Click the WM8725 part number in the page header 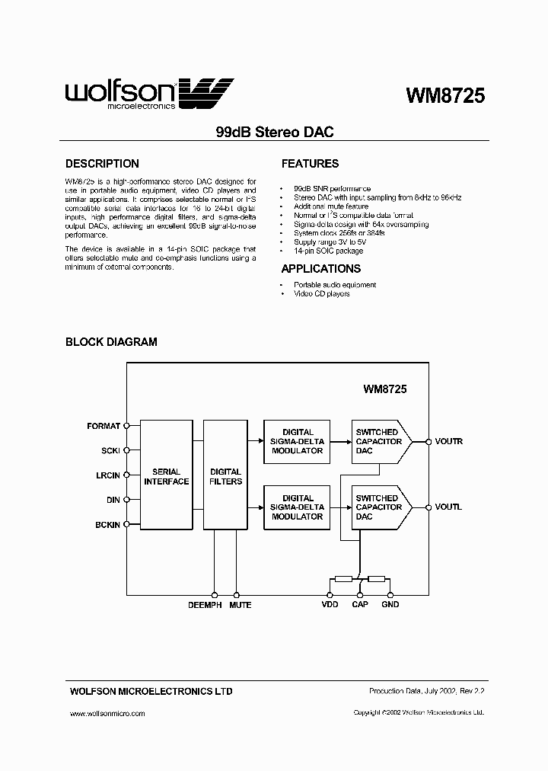click(445, 96)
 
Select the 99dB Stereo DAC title click(276, 132)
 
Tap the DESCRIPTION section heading click(102, 164)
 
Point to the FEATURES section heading click(310, 164)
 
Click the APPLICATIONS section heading click(320, 269)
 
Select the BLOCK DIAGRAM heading click(111, 342)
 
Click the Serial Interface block click(166, 476)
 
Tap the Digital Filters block click(225, 476)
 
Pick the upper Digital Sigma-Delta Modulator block click(298, 441)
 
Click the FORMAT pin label click(104, 427)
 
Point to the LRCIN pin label click(106, 475)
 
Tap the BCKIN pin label click(106, 525)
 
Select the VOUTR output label click(448, 442)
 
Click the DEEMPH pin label click(204, 605)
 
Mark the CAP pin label click(359, 605)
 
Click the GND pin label click(390, 605)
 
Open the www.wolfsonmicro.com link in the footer click(107, 714)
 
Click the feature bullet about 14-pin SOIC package click(328, 251)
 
